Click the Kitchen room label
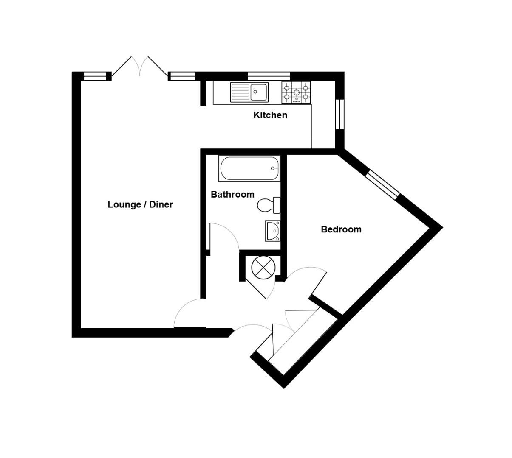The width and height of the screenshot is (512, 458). (x=270, y=115)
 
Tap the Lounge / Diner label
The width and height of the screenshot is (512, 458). (x=140, y=204)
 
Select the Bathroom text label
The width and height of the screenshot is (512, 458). (x=232, y=194)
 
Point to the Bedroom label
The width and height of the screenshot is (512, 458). (x=341, y=229)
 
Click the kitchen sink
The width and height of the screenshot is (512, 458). (x=249, y=92)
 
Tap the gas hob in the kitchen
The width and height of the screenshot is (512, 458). (x=296, y=92)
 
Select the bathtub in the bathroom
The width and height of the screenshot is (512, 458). (x=249, y=168)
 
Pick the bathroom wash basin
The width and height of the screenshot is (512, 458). (x=272, y=231)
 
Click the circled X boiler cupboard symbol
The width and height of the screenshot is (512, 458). (x=263, y=268)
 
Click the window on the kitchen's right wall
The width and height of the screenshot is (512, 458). (x=339, y=114)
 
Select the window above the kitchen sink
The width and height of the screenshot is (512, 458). (x=269, y=76)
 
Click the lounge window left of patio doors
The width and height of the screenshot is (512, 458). (x=94, y=76)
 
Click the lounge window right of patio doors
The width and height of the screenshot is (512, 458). (x=182, y=76)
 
